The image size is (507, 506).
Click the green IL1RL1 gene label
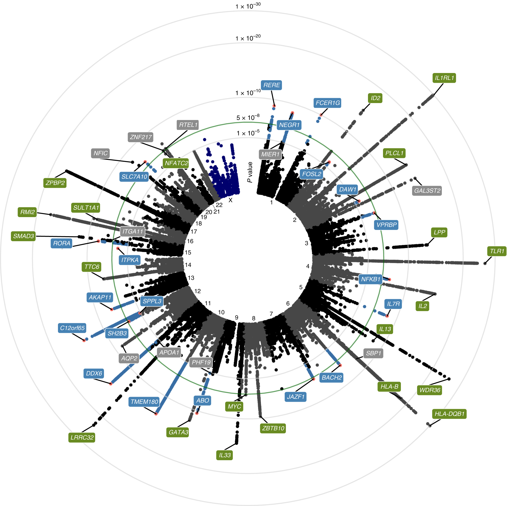(x=444, y=78)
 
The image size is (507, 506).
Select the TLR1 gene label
(x=497, y=251)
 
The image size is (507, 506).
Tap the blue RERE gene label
(x=271, y=85)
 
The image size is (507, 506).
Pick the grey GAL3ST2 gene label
(x=427, y=191)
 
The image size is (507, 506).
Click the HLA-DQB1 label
(x=449, y=414)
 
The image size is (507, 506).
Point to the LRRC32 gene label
(x=82, y=438)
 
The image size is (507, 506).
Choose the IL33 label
(x=225, y=455)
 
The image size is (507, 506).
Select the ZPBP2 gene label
(x=55, y=183)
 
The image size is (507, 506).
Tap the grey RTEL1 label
(x=188, y=125)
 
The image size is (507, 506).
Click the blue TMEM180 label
(x=144, y=402)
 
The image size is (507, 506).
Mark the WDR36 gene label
(x=429, y=390)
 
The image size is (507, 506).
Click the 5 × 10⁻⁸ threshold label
(x=248, y=117)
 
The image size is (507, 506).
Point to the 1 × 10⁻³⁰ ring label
(x=248, y=6)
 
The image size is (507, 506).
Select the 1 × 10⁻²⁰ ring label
(x=248, y=38)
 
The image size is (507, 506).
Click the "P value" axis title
(x=250, y=172)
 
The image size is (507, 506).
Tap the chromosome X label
(x=230, y=200)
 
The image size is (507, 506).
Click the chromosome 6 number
(x=288, y=303)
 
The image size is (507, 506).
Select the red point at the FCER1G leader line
(x=321, y=115)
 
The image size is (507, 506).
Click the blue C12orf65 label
(x=72, y=328)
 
